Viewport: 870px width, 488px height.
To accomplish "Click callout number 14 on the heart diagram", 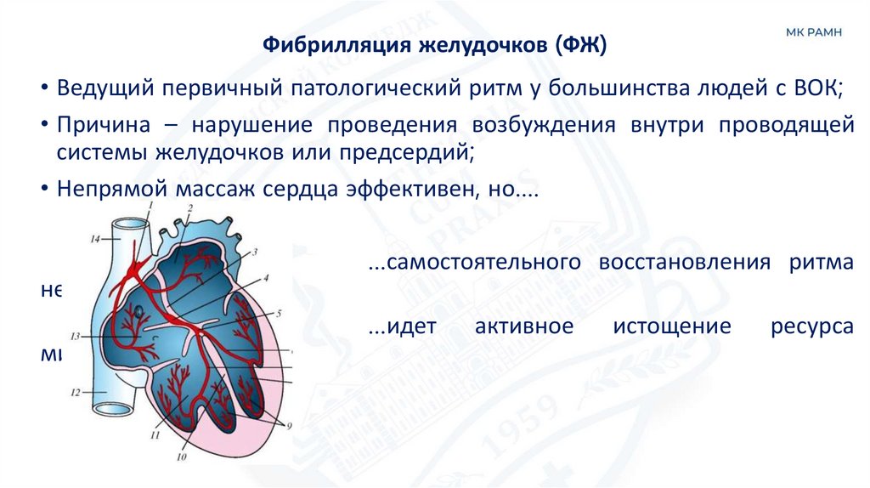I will click(x=95, y=240).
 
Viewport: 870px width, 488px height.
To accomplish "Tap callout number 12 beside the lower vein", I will click(x=75, y=393).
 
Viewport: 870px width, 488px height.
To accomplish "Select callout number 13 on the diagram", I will click(x=75, y=334).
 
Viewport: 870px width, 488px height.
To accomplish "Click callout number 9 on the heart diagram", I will click(x=289, y=424).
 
